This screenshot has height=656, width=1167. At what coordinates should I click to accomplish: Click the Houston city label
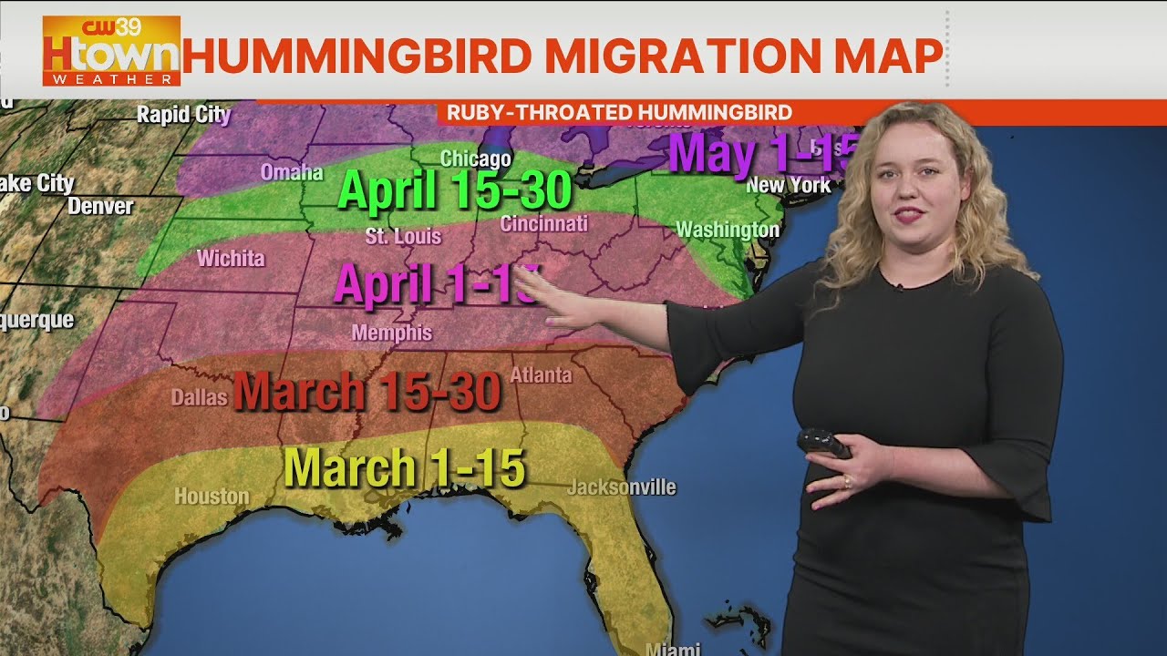coord(212,497)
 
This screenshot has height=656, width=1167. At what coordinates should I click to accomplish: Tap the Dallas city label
coord(199,397)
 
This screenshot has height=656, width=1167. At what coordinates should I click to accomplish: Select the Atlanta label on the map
coord(541,374)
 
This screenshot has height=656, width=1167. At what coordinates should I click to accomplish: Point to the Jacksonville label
coord(621,487)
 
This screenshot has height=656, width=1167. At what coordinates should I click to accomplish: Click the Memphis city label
coord(392,333)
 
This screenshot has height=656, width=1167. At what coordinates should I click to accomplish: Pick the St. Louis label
coord(403,237)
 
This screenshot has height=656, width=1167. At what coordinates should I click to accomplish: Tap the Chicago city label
coord(475,159)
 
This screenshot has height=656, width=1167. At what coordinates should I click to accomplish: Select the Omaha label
coord(292,172)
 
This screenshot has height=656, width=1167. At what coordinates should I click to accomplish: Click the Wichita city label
coord(231,259)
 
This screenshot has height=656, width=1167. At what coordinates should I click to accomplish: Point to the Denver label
coord(100,207)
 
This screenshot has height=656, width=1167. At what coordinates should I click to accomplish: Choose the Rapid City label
coord(183,115)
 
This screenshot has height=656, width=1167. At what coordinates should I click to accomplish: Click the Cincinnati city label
coord(544,223)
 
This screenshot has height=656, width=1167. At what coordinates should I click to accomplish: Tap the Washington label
coord(728,230)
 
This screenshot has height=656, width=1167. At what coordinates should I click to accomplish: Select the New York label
coord(789,185)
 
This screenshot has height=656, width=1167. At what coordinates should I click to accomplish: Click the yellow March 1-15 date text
coord(405,468)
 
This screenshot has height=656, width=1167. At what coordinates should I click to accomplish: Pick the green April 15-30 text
coord(455,190)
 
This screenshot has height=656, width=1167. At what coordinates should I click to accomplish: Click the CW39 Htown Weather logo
coord(111,51)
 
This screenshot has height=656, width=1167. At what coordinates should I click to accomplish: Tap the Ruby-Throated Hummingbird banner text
coord(619,113)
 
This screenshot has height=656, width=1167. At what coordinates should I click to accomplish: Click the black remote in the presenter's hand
coord(822,443)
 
